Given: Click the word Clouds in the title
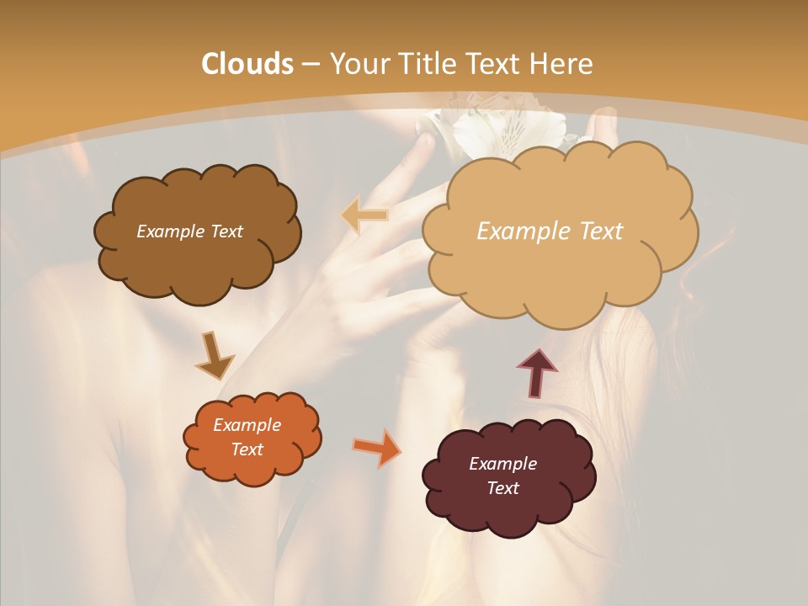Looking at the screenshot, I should coord(247,64).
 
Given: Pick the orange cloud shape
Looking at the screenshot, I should coord(252,467).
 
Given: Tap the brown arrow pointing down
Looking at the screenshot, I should coord(215,356).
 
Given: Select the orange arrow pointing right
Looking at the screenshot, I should coord(377,448).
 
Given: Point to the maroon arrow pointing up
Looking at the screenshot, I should coord(536,373).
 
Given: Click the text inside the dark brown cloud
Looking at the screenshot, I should coord(189,231).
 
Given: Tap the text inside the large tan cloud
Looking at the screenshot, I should coord(550,231).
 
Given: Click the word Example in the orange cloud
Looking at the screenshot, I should coord(247,425).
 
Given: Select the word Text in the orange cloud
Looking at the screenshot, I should coord(247,449).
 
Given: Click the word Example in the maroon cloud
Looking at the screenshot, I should coord(502,464).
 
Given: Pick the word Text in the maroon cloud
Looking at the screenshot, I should coord(502,488).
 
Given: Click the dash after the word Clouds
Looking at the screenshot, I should coord(310,65).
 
